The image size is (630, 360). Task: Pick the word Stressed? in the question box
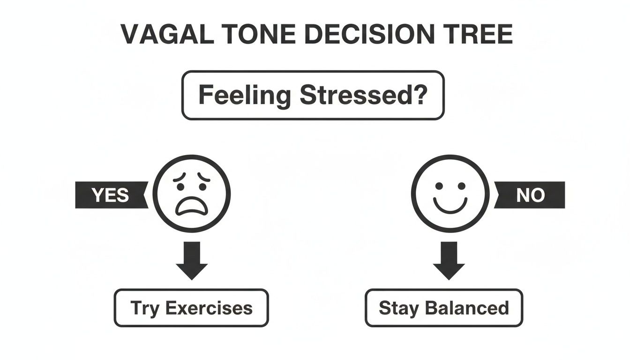[x=363, y=95]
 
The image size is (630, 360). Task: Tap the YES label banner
[x=111, y=195]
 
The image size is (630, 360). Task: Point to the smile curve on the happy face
[x=450, y=205]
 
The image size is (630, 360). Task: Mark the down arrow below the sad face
[x=192, y=260]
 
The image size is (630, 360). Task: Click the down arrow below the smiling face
[x=449, y=260]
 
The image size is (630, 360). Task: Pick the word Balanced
[x=466, y=308]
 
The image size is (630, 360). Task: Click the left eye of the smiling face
[x=439, y=186]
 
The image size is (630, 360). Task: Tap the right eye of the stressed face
[x=203, y=186]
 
